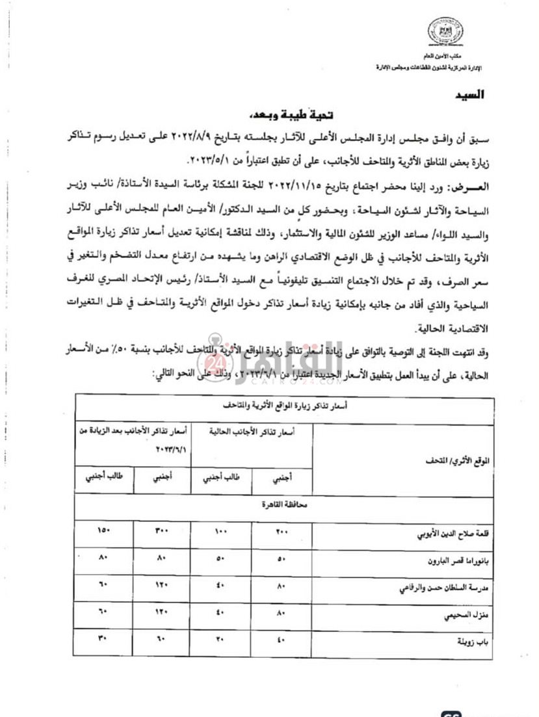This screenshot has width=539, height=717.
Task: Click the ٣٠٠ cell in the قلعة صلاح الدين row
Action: [x=161, y=532]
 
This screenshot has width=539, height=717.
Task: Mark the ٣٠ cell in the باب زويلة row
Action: [x=103, y=638]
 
